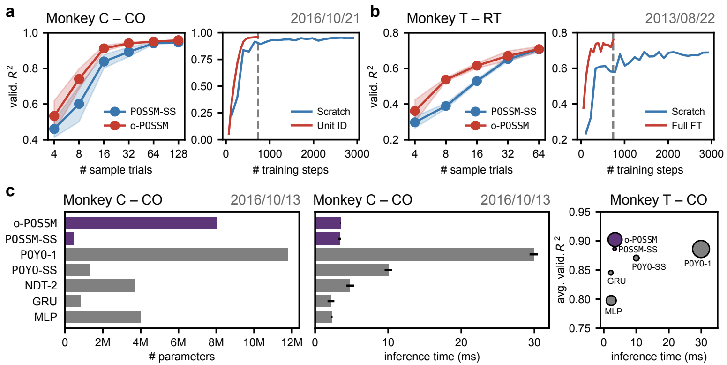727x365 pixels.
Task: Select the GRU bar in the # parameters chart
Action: click(x=73, y=301)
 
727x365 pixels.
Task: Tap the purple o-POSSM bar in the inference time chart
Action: click(x=328, y=223)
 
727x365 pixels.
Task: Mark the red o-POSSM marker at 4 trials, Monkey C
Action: click(x=54, y=116)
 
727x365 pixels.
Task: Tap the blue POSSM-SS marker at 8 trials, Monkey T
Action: click(x=446, y=106)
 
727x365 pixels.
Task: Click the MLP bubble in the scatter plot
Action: click(x=611, y=300)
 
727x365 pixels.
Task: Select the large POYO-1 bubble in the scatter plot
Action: click(x=701, y=249)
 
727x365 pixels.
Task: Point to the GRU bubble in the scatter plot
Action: click(x=611, y=273)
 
